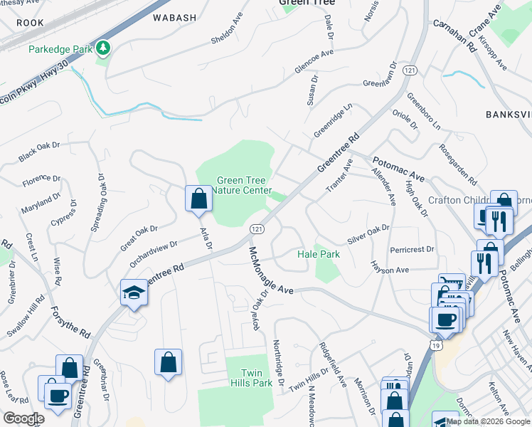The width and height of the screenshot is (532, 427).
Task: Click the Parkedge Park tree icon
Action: click(105, 48)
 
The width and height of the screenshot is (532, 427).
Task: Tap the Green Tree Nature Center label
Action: click(244, 186)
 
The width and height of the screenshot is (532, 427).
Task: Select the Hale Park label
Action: click(319, 254)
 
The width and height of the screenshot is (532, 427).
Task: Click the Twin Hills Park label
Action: click(253, 378)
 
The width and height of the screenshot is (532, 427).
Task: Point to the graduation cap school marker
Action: click(133, 292)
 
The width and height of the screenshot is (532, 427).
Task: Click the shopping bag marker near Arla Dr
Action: click(199, 199)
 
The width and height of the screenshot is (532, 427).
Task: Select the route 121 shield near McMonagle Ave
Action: click(257, 228)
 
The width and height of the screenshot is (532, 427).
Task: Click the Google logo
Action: click(23, 418)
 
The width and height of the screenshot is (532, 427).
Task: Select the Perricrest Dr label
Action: click(412, 251)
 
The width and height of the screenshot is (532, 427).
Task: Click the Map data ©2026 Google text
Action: click(489, 421)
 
